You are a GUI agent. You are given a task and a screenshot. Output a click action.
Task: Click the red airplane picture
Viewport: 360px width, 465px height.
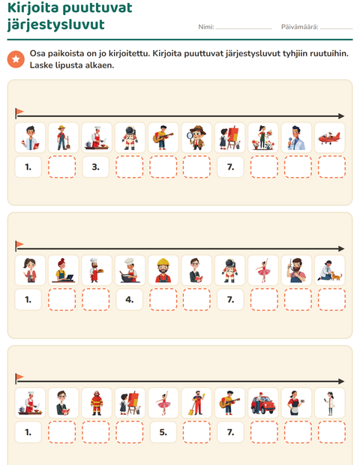329,137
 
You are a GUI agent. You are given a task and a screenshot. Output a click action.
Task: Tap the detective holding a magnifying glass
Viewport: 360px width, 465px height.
196,137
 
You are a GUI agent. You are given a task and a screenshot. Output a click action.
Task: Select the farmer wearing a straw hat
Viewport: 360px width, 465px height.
63,137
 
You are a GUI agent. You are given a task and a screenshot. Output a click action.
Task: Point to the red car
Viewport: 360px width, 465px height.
263,403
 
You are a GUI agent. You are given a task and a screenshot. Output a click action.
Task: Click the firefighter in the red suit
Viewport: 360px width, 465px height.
97,403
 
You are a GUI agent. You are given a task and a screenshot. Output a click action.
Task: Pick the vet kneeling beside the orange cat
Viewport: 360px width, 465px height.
329,270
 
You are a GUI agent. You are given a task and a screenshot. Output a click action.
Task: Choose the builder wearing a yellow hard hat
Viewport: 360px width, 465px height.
163,270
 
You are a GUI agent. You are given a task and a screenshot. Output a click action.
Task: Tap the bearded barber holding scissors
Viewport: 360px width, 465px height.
296,270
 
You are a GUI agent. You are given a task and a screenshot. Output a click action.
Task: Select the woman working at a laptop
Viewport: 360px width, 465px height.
63,270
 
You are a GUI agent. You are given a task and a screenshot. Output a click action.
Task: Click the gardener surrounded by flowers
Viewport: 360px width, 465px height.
263,137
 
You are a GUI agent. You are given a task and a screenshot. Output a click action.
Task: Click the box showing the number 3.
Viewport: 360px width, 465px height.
95,167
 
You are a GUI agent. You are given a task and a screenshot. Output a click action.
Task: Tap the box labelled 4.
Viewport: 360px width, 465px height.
129,299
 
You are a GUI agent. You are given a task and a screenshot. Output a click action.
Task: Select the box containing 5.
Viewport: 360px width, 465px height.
163,432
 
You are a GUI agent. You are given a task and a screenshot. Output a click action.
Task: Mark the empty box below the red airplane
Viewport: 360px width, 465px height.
331,167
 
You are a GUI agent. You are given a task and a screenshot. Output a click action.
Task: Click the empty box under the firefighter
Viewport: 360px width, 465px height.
96,432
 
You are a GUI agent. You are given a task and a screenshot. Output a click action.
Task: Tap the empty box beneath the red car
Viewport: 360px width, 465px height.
264,432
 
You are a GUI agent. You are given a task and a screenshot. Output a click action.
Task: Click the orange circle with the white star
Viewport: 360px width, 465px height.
16,59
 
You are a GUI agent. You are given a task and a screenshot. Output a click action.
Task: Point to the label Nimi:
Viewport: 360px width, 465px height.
206,27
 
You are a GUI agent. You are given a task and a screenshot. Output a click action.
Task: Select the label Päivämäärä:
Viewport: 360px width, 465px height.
299,27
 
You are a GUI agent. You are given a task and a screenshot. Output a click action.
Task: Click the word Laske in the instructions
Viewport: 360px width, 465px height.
41,65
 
